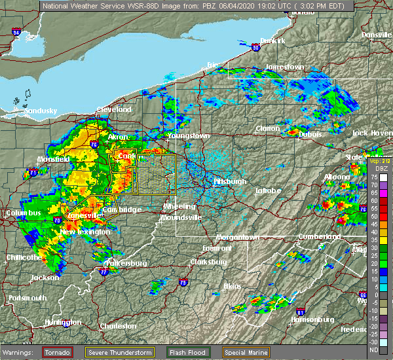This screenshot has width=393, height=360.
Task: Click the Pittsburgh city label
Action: point(229,181)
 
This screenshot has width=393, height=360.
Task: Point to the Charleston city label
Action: point(118,326)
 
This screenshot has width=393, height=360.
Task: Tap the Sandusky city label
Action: point(41,111)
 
